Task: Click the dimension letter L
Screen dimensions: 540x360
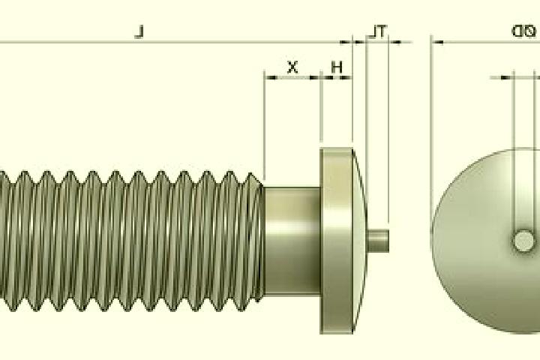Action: click(139, 32)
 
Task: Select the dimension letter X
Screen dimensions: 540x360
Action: click(292, 67)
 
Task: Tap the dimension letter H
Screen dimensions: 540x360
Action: click(337, 67)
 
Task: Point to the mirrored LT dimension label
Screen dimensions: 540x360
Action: click(378, 31)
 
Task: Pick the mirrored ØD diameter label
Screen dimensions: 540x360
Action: click(523, 31)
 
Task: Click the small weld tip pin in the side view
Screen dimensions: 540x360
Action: click(379, 241)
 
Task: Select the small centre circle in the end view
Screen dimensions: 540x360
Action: click(523, 241)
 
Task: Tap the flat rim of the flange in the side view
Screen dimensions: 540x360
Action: click(337, 241)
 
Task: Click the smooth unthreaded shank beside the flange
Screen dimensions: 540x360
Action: click(292, 241)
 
